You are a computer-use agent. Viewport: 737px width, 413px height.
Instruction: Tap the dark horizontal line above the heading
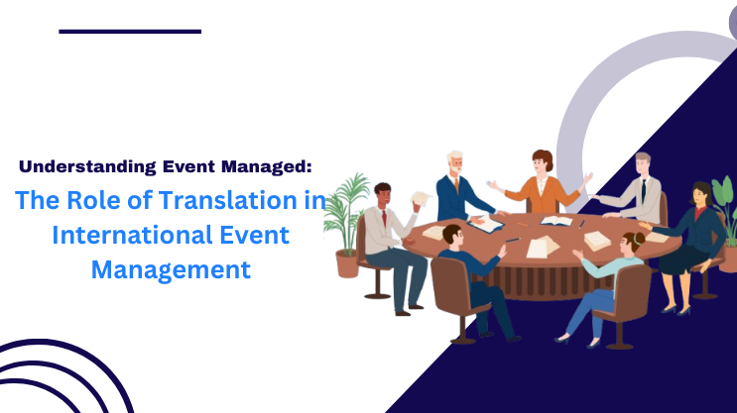click(130, 32)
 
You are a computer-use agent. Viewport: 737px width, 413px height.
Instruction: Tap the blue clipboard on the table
click(486, 225)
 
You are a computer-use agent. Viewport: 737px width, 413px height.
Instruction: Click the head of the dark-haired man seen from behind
click(452, 235)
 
